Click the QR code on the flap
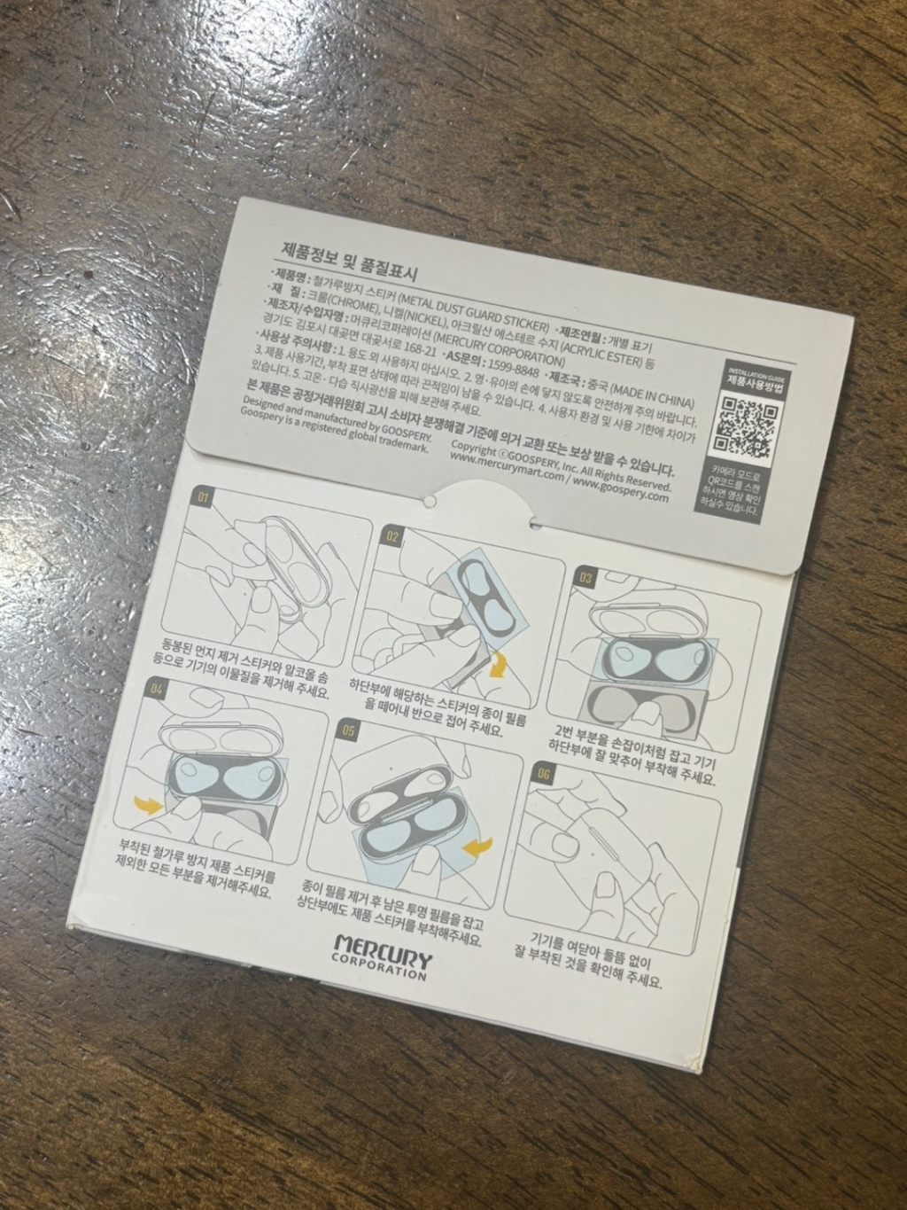point(745,424)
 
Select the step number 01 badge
point(203,498)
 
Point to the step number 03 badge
point(585,577)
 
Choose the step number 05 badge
point(348,731)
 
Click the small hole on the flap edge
point(429,501)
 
